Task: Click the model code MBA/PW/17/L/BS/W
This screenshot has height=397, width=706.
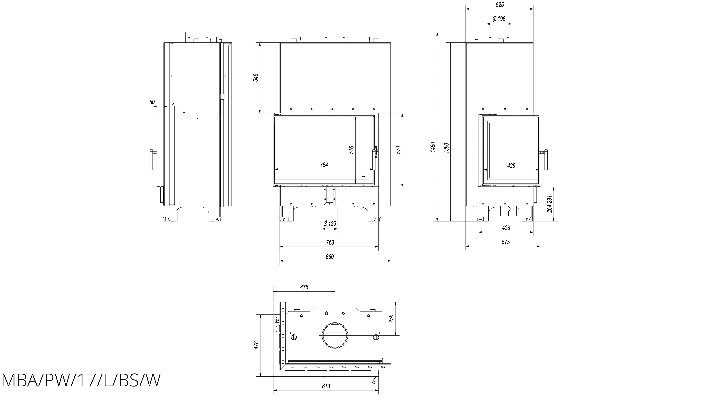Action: [81, 380]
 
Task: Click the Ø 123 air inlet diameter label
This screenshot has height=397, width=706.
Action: [330, 224]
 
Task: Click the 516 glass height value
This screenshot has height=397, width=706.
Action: [351, 150]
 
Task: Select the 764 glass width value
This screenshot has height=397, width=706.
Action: [324, 165]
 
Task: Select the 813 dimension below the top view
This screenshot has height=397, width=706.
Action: [326, 386]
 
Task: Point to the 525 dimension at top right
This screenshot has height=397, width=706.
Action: [500, 5]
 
